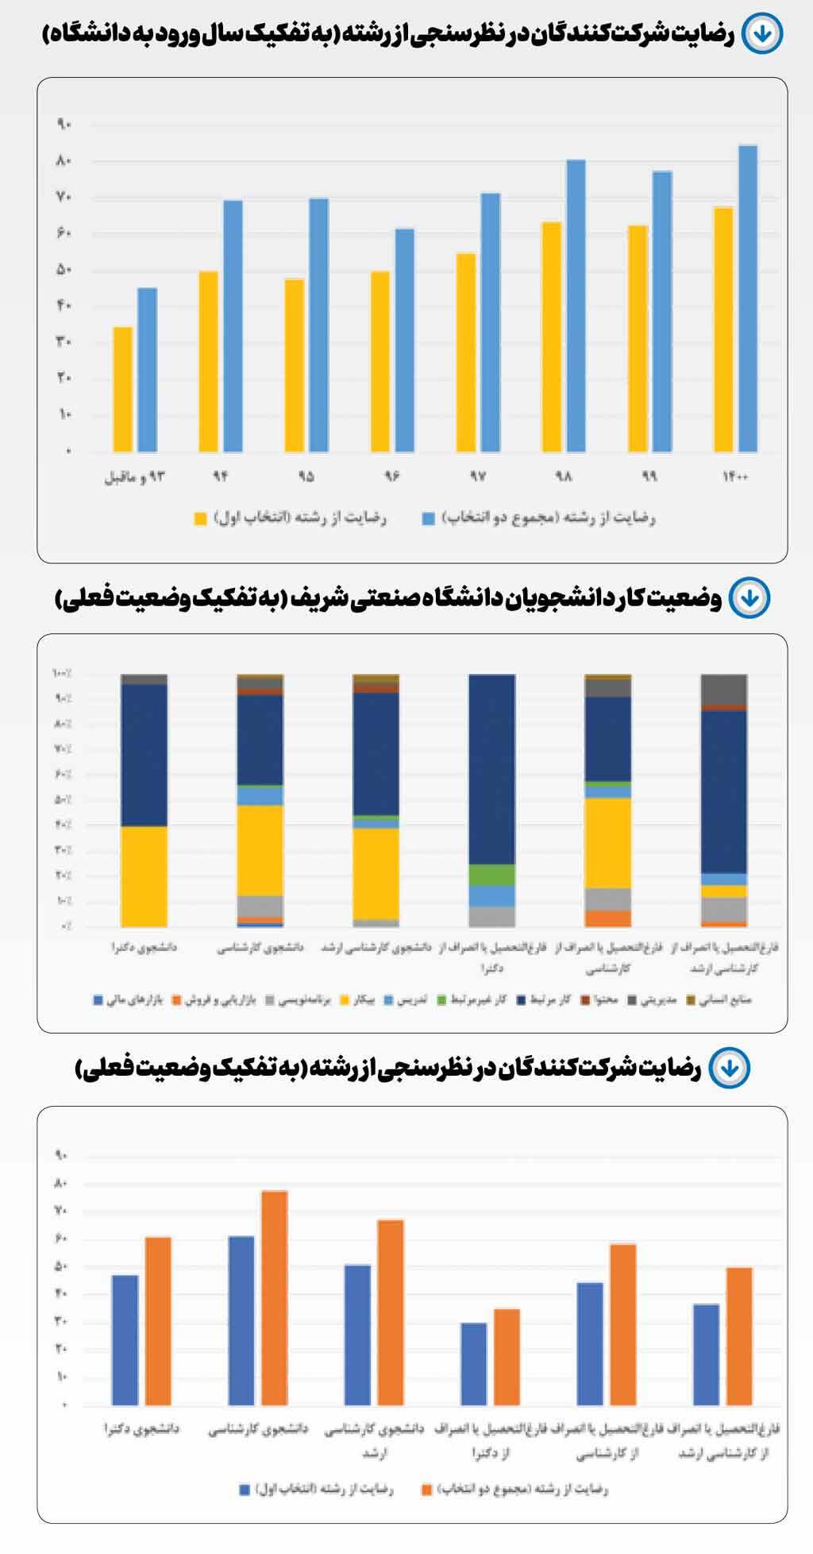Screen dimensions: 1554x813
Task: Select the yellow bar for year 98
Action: (551, 337)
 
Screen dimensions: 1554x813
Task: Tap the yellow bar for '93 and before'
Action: (122, 389)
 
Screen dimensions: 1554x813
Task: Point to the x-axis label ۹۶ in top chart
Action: (392, 477)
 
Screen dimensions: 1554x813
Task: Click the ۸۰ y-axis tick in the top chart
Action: (64, 161)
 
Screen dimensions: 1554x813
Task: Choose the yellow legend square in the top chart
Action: (201, 519)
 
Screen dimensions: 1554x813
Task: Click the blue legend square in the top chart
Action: (428, 519)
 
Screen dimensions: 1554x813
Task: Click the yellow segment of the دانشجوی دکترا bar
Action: (144, 876)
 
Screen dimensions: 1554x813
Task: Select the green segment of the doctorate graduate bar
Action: (491, 874)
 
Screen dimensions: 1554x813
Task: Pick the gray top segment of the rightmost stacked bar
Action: (723, 689)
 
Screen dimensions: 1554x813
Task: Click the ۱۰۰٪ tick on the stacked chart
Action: (62, 674)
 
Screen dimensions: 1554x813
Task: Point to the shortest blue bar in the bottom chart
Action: (473, 1363)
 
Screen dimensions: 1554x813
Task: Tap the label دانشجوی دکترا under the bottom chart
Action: (141, 1429)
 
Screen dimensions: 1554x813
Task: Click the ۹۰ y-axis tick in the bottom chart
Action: (61, 1155)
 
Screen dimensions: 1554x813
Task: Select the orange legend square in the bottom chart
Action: (427, 1490)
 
